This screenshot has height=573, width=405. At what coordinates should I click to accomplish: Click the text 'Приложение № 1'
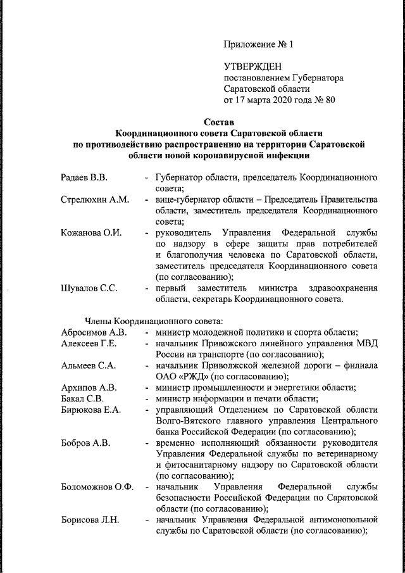tap(259, 45)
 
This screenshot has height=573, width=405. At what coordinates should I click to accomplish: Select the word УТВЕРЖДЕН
tap(252, 66)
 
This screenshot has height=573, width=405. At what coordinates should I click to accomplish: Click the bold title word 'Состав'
tap(219, 122)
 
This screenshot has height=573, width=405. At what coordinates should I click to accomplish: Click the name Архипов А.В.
tap(89, 387)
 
